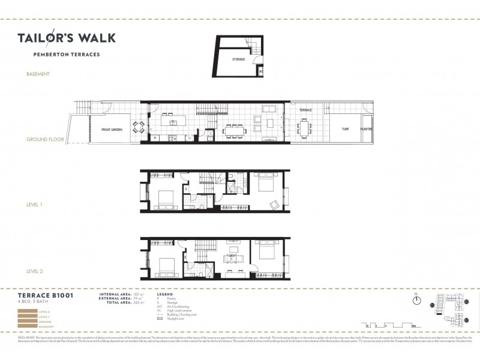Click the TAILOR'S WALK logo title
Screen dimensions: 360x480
pos(66,38)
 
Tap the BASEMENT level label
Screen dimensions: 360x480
pos(38,74)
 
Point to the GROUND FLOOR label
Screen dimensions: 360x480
pos(45,139)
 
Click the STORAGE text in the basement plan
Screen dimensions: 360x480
pos(238,59)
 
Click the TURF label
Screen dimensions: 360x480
pos(345,128)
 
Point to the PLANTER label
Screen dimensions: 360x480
pos(366,128)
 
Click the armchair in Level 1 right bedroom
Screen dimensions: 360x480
pos(274,205)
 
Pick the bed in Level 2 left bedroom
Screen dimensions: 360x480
pos(164,265)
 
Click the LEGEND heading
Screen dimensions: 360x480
pos(164,295)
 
